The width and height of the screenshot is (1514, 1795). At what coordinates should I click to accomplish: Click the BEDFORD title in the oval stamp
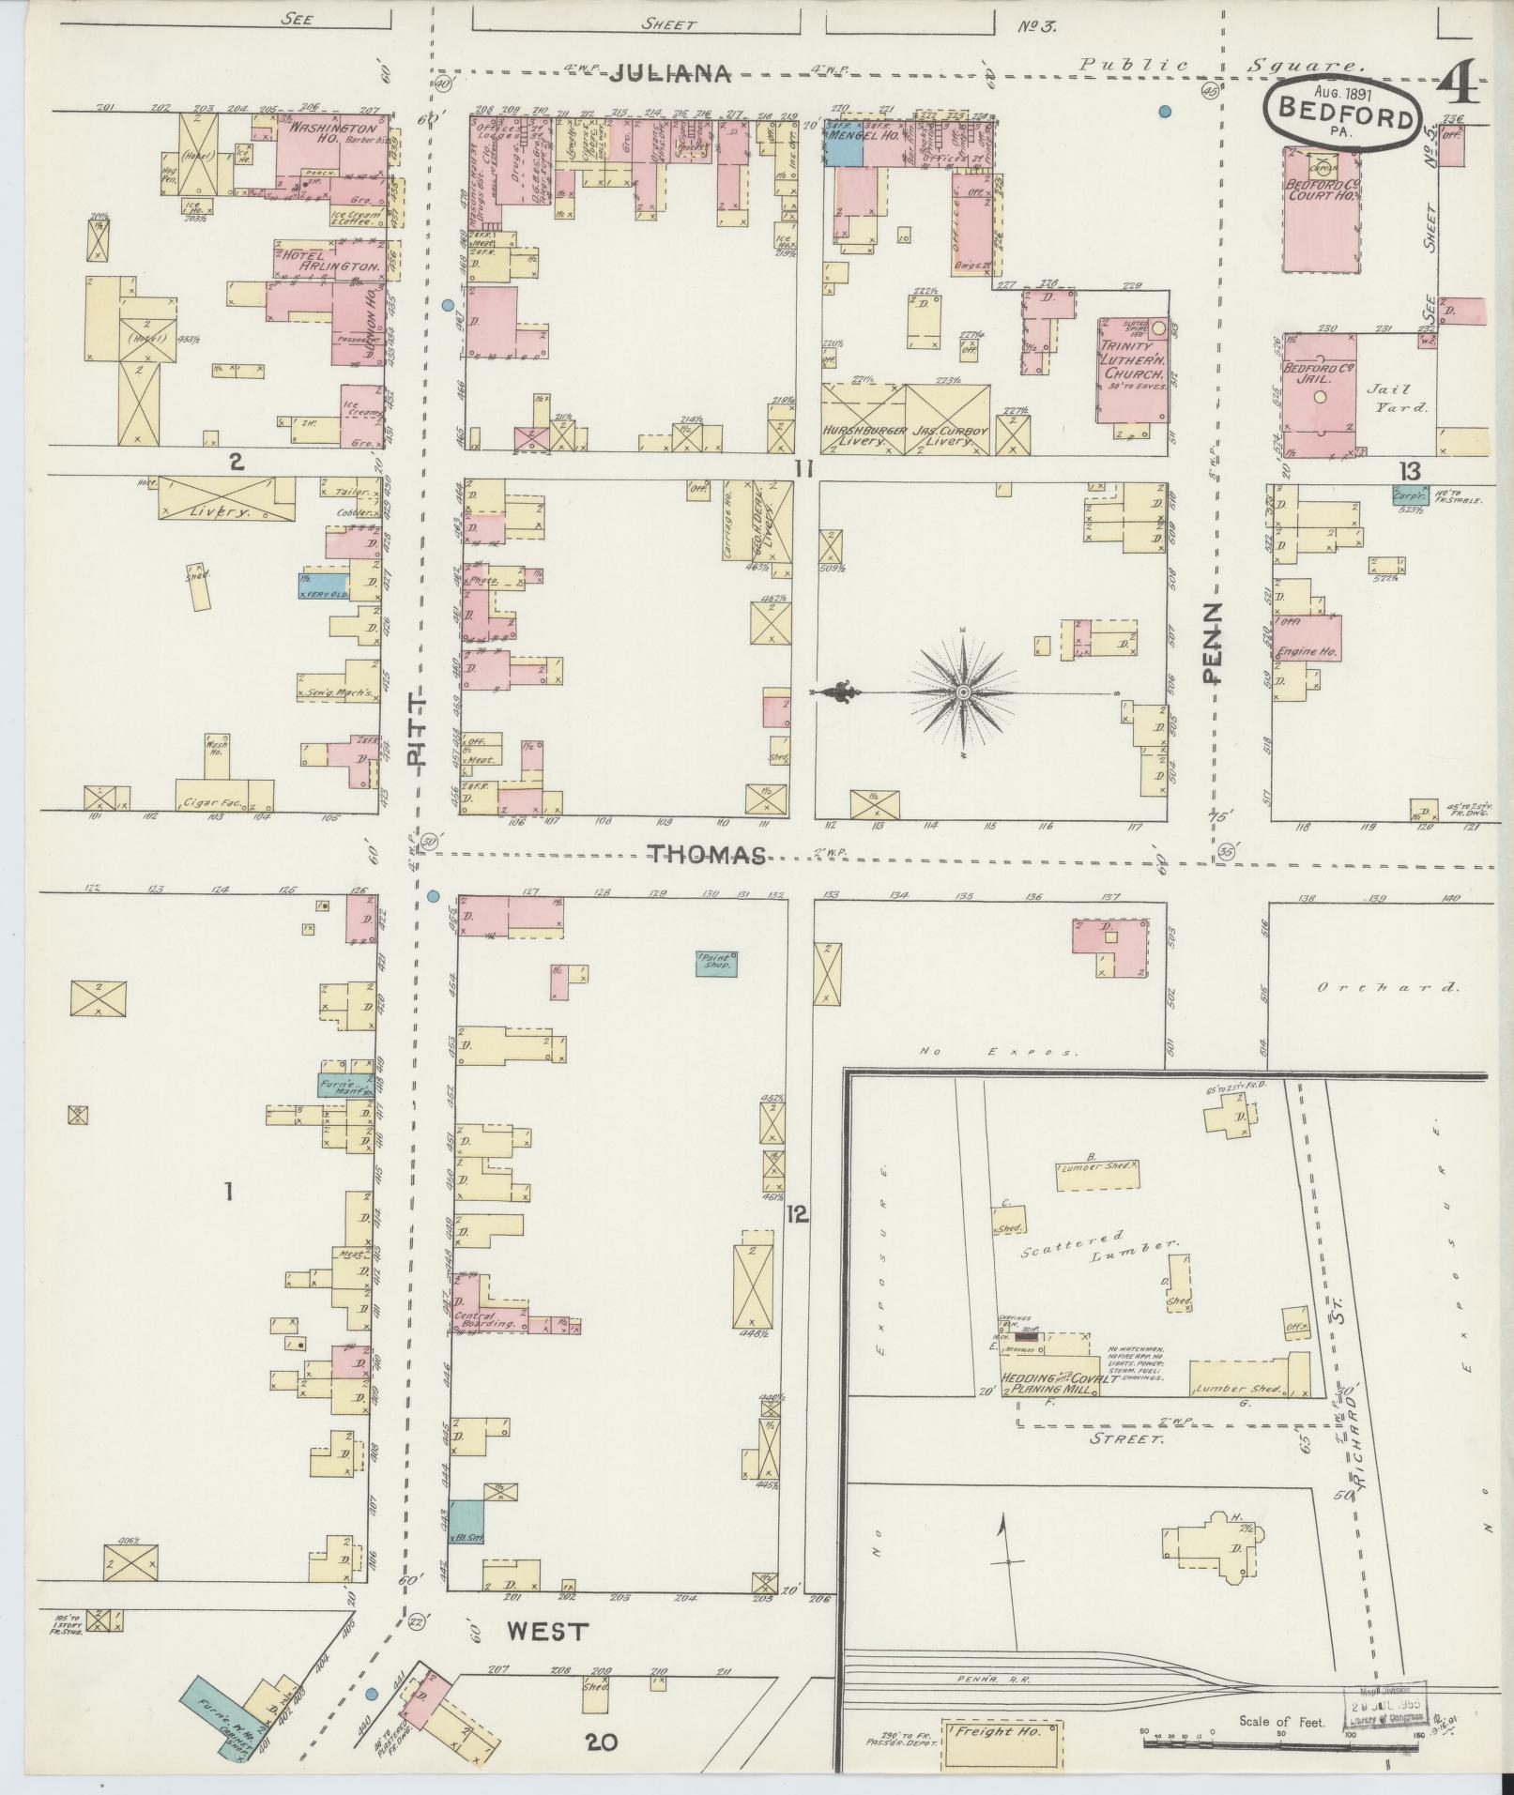click(1340, 119)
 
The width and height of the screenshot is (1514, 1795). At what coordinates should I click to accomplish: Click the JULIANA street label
click(668, 74)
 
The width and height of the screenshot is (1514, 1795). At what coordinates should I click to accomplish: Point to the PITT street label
click(419, 730)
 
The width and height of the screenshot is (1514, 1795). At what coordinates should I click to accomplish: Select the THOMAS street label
click(707, 854)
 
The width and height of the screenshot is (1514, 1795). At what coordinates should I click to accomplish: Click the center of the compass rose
click(963, 692)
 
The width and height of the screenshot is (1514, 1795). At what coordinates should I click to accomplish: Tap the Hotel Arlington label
click(330, 261)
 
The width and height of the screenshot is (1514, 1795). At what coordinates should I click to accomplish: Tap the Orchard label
click(1385, 987)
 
